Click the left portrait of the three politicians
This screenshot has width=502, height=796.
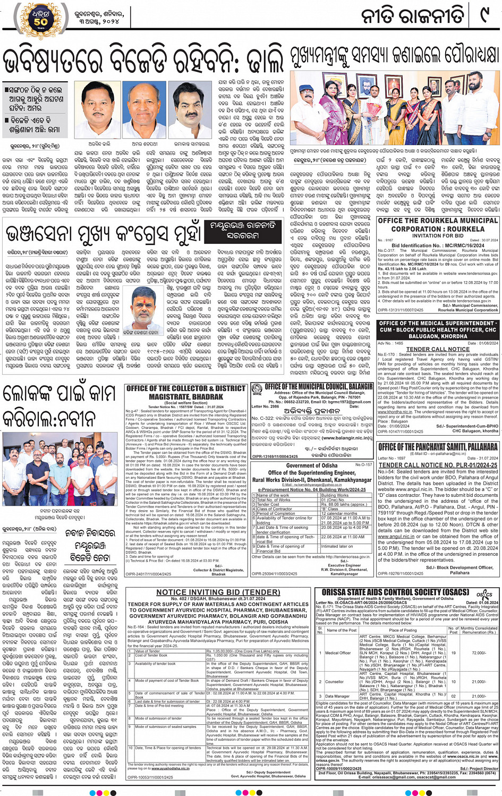tap(100, 109)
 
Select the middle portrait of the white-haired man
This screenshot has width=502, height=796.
tap(144, 109)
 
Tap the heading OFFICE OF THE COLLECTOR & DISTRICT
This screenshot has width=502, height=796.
tap(186, 388)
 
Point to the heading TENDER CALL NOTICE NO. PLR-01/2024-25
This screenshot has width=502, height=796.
tap(438, 465)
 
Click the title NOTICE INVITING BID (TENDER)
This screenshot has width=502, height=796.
tap(218, 592)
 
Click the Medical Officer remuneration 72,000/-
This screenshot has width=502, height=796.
tap(479, 653)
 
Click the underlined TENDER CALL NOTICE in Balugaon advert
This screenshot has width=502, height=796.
tap(438, 349)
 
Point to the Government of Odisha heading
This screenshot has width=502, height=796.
tap(312, 465)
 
